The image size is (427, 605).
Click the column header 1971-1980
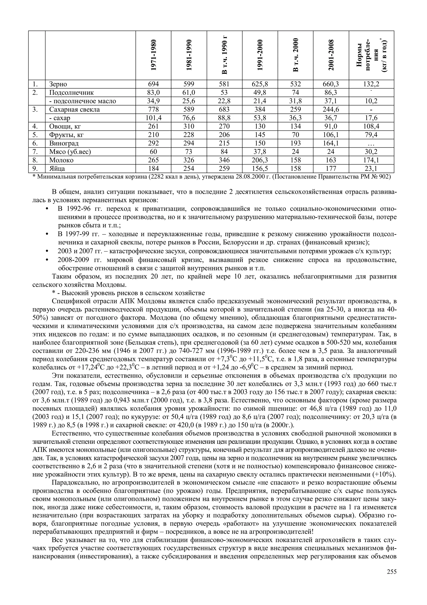(x=153, y=55)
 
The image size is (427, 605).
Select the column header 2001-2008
(x=331, y=55)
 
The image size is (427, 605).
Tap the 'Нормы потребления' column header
(x=371, y=55)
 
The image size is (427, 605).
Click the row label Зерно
(x=58, y=84)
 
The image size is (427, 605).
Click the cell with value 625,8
(x=260, y=84)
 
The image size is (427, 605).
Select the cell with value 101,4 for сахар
(x=153, y=118)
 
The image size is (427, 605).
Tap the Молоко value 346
(x=224, y=160)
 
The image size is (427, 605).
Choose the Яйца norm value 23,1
(x=371, y=169)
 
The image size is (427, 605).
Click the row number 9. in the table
(x=35, y=169)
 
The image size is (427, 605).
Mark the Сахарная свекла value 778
(x=153, y=110)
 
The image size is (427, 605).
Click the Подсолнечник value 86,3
(x=331, y=93)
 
